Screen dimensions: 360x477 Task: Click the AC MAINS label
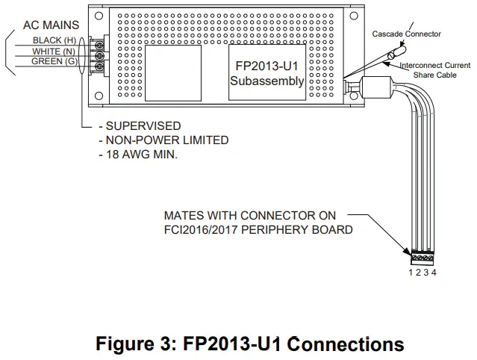point(51,25)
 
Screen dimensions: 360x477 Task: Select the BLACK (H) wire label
point(54,40)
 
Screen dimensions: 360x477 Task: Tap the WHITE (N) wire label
point(54,51)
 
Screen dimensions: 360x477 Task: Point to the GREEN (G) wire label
point(54,61)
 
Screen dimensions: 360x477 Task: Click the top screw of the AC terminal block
point(101,46)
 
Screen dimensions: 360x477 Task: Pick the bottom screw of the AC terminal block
point(101,66)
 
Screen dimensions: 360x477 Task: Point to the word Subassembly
point(266,81)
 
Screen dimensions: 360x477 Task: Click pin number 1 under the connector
point(411,273)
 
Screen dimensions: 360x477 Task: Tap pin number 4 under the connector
point(434,273)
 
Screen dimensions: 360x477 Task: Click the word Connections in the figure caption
point(346,344)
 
